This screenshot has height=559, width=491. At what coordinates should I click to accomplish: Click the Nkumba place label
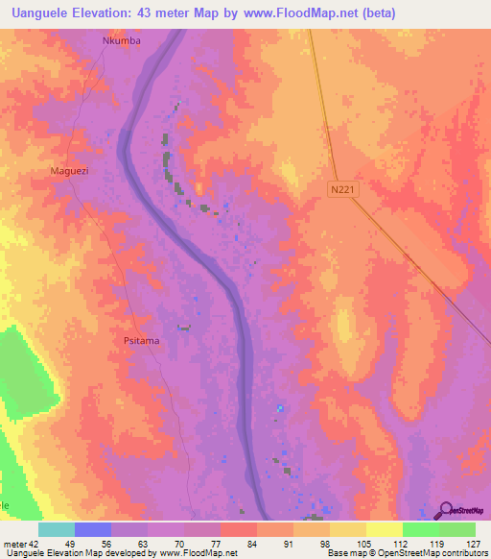[122, 41]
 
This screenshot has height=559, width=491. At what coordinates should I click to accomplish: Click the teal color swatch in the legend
[57, 529]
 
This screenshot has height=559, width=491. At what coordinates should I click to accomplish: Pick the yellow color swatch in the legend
[384, 529]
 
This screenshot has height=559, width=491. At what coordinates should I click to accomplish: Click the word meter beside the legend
[13, 543]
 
